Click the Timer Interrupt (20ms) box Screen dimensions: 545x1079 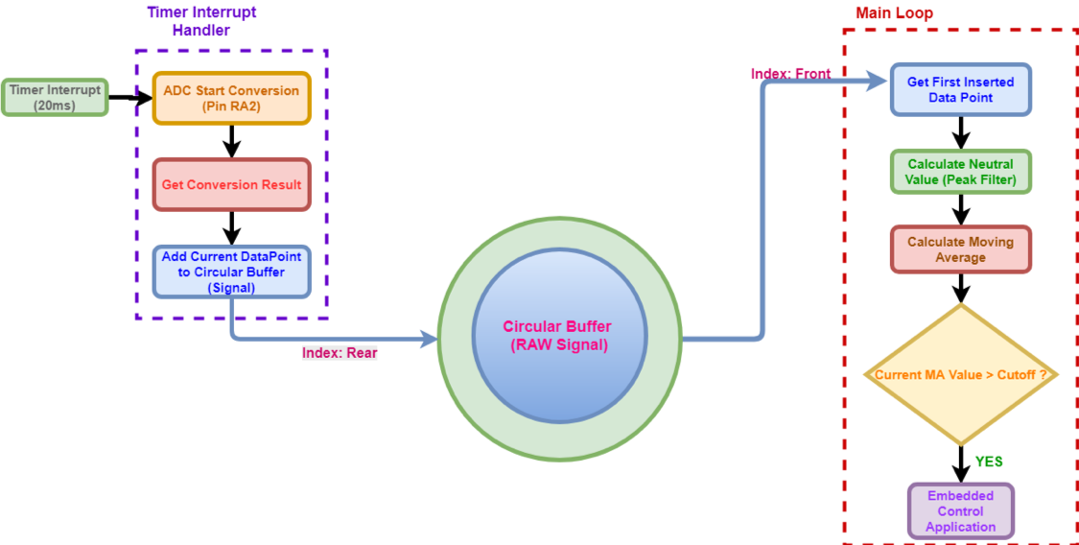pos(55,97)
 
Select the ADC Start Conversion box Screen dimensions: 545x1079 pos(231,98)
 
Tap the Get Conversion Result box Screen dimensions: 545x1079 pos(231,184)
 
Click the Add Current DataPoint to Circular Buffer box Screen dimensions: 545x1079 pos(231,272)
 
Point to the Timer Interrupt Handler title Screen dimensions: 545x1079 pos(200,21)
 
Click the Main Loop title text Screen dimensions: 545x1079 pos(893,13)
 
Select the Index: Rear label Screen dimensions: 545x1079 pos(340,353)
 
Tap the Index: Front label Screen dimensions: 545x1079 pos(791,74)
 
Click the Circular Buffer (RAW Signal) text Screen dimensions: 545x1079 pos(557,336)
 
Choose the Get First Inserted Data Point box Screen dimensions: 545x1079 pos(960,90)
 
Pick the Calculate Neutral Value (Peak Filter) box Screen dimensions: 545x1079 pos(960,172)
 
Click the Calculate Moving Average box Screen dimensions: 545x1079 pos(960,249)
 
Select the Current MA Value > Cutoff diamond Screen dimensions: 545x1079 pos(960,374)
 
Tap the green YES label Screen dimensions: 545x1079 pos(989,462)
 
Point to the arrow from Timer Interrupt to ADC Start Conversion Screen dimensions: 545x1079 pos(130,97)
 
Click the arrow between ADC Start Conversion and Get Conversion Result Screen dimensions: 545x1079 pos(231,141)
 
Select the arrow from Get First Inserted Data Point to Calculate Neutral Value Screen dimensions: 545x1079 pos(960,131)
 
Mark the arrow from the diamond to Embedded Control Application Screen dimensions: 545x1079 pos(960,462)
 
